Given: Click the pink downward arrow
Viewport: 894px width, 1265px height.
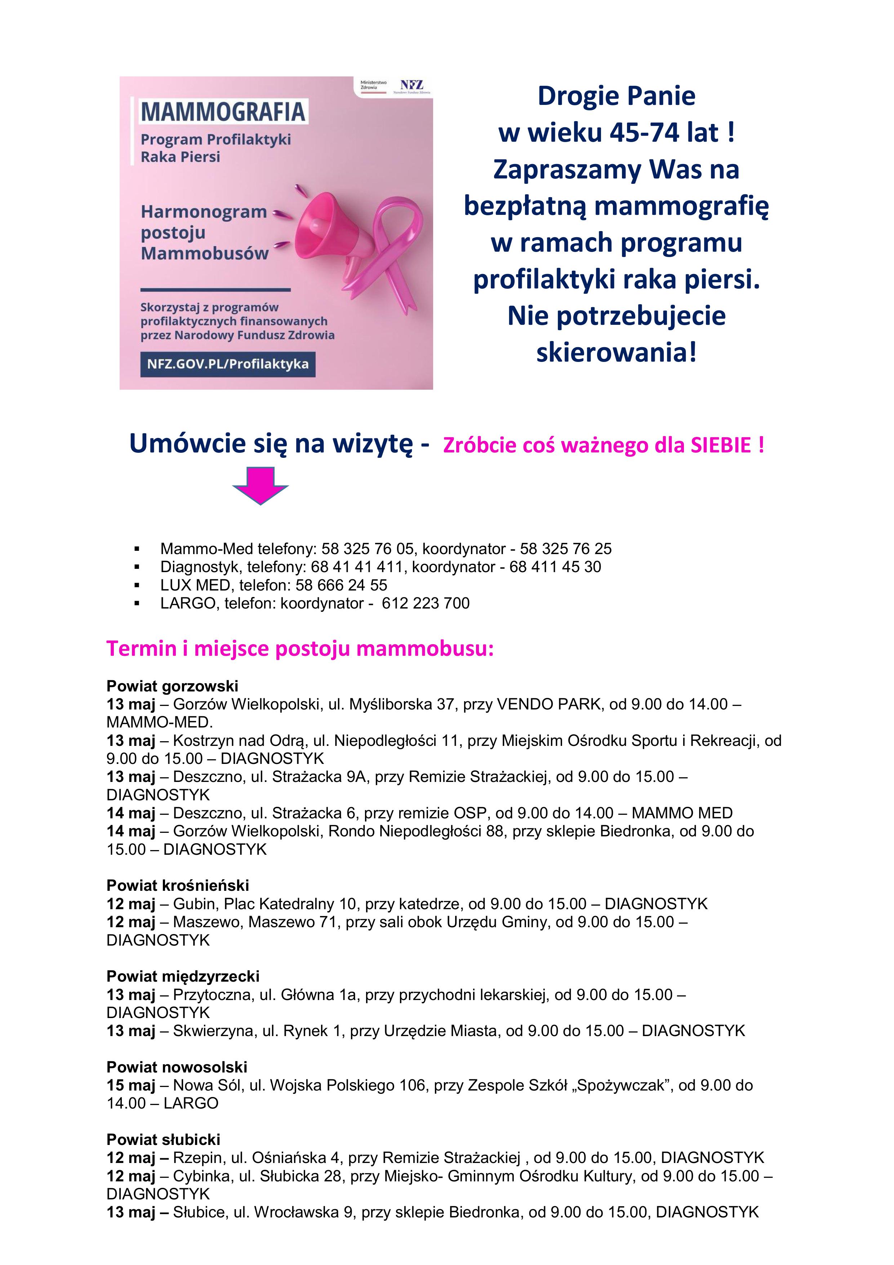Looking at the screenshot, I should [x=260, y=484].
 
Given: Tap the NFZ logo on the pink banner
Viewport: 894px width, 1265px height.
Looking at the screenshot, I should [x=412, y=85].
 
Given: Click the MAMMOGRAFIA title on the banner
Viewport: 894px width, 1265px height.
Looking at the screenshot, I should [x=223, y=112].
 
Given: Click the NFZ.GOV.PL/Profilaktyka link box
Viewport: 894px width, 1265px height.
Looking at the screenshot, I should [x=227, y=364].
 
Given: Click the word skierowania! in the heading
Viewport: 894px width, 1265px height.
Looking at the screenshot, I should [x=617, y=353].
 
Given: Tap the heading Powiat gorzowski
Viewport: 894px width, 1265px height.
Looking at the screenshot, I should [x=172, y=686].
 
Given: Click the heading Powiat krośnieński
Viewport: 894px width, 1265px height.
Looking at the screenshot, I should [x=177, y=885].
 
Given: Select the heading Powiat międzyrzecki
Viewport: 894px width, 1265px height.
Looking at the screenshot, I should [x=183, y=976].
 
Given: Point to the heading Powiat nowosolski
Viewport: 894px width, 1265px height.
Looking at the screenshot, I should [x=177, y=1067].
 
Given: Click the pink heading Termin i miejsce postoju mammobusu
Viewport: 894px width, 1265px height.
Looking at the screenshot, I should [x=300, y=649].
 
